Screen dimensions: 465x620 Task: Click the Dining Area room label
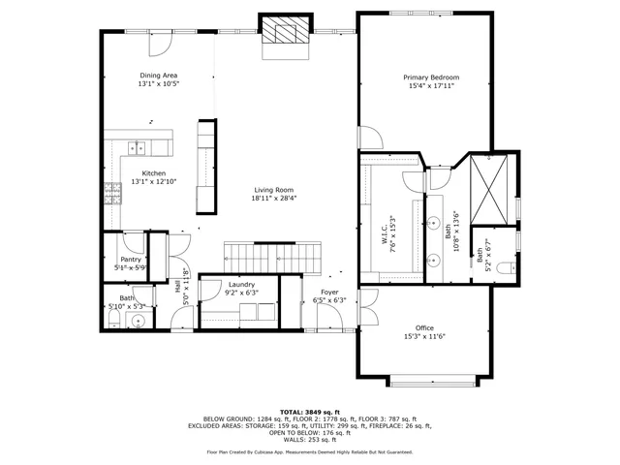tap(159, 75)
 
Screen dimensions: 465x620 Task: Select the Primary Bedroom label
tap(431, 77)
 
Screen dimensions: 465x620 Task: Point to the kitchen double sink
tap(137, 148)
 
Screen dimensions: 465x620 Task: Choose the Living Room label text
tap(274, 190)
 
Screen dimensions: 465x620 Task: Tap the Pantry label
tap(131, 260)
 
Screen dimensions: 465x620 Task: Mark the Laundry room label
tap(241, 284)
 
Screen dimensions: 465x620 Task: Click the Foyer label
tap(330, 292)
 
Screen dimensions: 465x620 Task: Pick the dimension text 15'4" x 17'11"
tap(431, 85)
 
